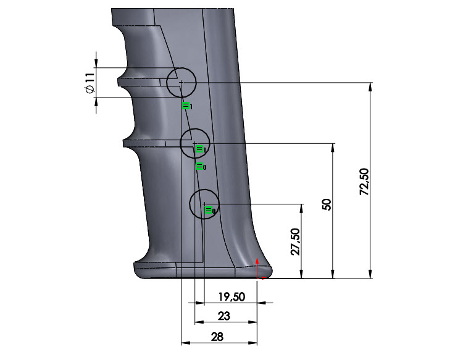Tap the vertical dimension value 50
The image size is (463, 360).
point(327,205)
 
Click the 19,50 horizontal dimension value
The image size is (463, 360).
point(232,296)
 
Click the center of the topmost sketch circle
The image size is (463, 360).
point(181,82)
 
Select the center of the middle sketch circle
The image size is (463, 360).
point(194,143)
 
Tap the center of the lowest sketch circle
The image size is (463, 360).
point(204,204)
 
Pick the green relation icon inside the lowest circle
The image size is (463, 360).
point(209,211)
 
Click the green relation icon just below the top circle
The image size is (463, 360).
point(186,106)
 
